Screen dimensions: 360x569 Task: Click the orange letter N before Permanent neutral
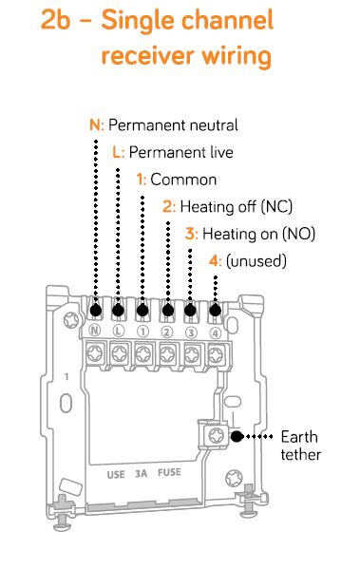[x=95, y=124]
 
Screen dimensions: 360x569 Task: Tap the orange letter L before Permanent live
[x=117, y=152]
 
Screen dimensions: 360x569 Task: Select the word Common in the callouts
[x=183, y=180]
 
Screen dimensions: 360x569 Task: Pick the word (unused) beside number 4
[x=256, y=261]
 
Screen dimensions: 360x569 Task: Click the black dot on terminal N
[x=95, y=311]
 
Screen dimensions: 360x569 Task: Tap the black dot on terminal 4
[x=216, y=311]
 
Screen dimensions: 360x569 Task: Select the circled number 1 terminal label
[x=142, y=332]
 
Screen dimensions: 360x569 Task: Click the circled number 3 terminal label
[x=191, y=332]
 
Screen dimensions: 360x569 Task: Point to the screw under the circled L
[x=120, y=353]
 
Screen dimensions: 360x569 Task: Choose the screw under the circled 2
[x=167, y=353]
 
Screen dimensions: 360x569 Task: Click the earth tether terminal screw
[x=217, y=435]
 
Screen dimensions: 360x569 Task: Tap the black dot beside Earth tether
[x=237, y=436]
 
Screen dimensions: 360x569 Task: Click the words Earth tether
[x=301, y=446]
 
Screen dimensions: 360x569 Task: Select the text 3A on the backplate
[x=142, y=474]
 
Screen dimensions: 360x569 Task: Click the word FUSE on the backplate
[x=169, y=472]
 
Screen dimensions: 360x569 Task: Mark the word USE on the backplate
[x=116, y=475]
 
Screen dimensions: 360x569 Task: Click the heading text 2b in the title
[x=55, y=19]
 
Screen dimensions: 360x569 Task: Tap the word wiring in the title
[x=237, y=57]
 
